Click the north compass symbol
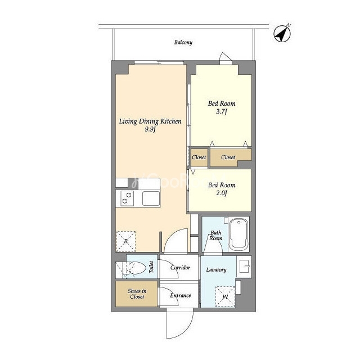point(282,34)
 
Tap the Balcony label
point(183,42)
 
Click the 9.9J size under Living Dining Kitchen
point(150,129)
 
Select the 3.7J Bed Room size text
point(222,112)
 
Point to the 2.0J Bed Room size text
point(222,193)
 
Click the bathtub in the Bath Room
point(239,234)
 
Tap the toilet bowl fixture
point(134,268)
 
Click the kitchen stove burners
point(127,199)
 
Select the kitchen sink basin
point(151,199)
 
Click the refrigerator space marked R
point(126,241)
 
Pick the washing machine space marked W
point(225,296)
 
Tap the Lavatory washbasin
point(244,266)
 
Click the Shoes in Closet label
point(137,294)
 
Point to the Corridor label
point(180,268)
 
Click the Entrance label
point(181,295)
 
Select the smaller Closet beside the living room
point(199,157)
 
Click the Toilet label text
point(151,267)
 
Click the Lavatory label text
point(216,270)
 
